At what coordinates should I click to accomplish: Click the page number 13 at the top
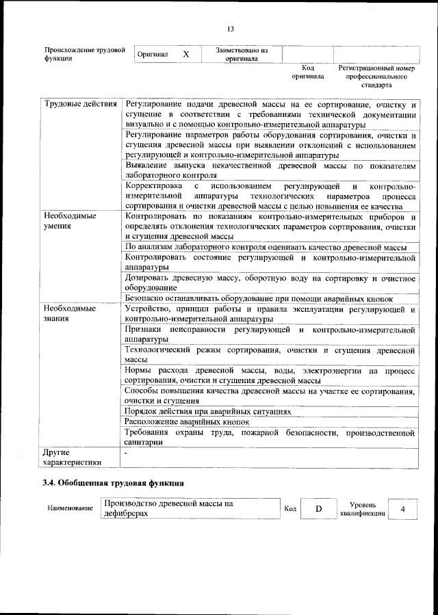pyautogui.click(x=231, y=29)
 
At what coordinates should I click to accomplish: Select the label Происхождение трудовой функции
pyautogui.click(x=84, y=54)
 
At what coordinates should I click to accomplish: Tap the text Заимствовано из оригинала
pyautogui.click(x=242, y=54)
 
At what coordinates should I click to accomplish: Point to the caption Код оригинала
pyautogui.click(x=307, y=72)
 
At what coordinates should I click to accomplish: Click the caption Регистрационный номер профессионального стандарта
pyautogui.click(x=376, y=77)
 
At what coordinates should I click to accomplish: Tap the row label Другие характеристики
pyautogui.click(x=71, y=457)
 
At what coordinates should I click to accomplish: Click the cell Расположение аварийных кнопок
pyautogui.click(x=187, y=422)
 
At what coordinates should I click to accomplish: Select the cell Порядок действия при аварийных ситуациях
pyautogui.click(x=207, y=412)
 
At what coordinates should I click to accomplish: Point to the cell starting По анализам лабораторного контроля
pyautogui.click(x=266, y=247)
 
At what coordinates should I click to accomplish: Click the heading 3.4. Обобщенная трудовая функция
pyautogui.click(x=113, y=482)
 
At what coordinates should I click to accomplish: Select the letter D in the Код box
pyautogui.click(x=318, y=509)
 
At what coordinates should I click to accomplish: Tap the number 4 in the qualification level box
pyautogui.click(x=403, y=509)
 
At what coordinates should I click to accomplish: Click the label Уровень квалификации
pyautogui.click(x=357, y=509)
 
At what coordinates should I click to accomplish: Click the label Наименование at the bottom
pyautogui.click(x=70, y=510)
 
